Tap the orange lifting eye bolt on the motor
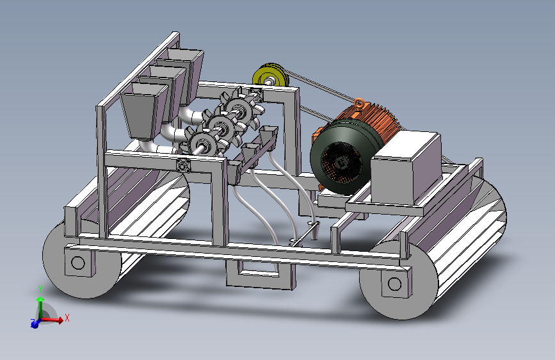coord(359,103)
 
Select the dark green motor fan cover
coord(342,156)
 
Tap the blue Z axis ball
coord(35,323)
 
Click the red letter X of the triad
coord(67,318)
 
